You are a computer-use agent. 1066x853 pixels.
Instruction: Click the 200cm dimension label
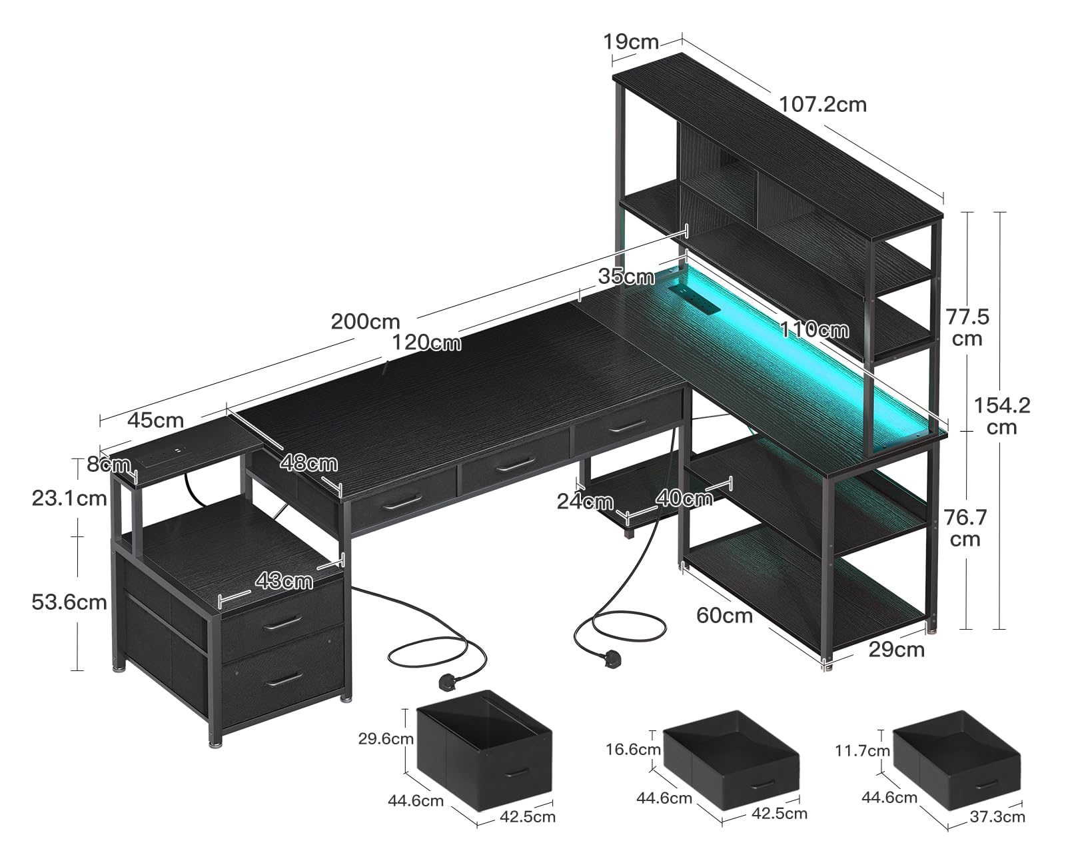click(365, 321)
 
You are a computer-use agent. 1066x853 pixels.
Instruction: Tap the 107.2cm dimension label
click(823, 104)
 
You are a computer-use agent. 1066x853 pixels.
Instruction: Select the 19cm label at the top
click(630, 42)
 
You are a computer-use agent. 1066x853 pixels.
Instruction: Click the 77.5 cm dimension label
click(967, 327)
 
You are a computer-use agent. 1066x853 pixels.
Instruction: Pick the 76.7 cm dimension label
click(965, 527)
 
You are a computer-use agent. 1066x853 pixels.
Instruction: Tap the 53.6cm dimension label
click(69, 602)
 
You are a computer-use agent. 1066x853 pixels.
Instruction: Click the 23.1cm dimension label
click(69, 497)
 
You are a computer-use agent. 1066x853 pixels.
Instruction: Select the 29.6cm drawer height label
click(386, 738)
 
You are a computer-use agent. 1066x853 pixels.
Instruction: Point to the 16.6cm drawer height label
click(634, 749)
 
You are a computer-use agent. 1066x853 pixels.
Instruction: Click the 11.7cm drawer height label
click(862, 751)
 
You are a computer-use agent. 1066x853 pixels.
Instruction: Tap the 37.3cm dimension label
click(997, 816)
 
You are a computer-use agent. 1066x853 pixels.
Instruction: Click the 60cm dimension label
click(724, 615)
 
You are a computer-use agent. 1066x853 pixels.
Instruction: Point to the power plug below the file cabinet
click(444, 681)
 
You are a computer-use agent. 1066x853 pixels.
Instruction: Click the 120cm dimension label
click(426, 343)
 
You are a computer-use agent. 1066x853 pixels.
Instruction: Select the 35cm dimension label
click(626, 276)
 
